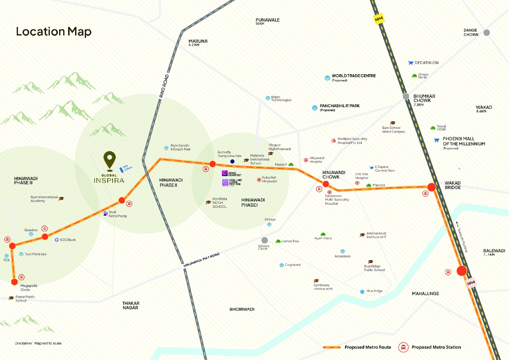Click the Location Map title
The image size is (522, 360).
pyautogui.click(x=53, y=31)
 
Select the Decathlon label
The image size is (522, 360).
pyautogui.click(x=426, y=63)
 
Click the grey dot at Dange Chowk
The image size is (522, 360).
pyautogui.click(x=487, y=33)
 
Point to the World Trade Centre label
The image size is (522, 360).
pyautogui.click(x=353, y=76)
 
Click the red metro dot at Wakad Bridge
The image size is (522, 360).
pyautogui.click(x=431, y=187)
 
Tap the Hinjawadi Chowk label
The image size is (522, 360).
pyautogui.click(x=334, y=175)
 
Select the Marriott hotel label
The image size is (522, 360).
pyautogui.click(x=378, y=185)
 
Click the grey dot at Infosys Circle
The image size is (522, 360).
pyautogui.click(x=265, y=240)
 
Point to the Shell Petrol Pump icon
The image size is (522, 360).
pyautogui.click(x=106, y=213)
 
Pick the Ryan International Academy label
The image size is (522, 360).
pyautogui.click(x=44, y=199)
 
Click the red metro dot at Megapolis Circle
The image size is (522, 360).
pyautogui.click(x=15, y=282)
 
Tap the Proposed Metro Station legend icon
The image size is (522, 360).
pyautogui.click(x=403, y=347)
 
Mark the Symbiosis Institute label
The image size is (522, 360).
pyautogui.click(x=323, y=287)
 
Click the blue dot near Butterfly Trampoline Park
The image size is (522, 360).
pyautogui.click(x=232, y=161)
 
